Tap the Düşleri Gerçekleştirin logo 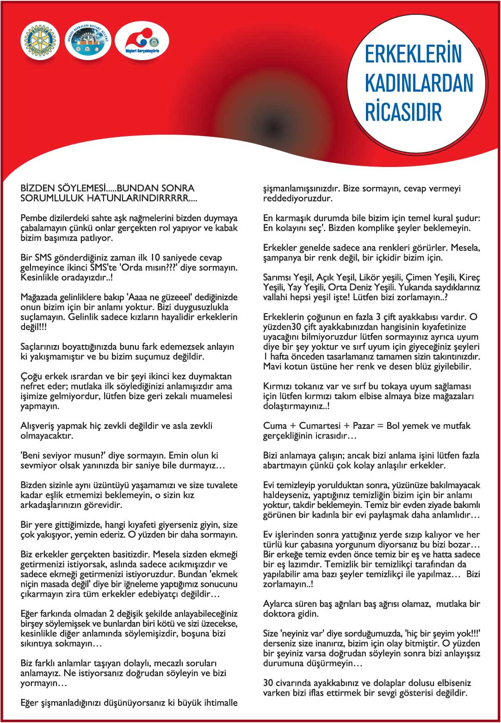(141, 41)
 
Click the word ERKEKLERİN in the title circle (413, 54)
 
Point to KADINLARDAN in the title (419, 83)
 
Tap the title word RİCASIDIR (403, 112)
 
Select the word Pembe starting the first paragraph (33, 218)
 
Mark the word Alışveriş (40, 426)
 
